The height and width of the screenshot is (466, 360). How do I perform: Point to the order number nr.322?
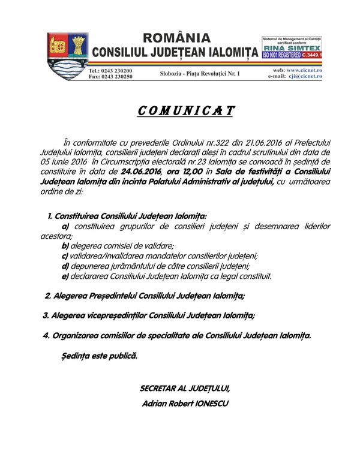[227, 147]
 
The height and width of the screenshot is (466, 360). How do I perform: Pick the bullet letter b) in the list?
[65, 245]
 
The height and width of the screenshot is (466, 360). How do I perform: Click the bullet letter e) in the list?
[65, 276]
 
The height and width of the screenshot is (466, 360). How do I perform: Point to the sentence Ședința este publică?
[100, 356]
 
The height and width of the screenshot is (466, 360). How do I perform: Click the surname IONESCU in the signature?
[208, 404]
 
